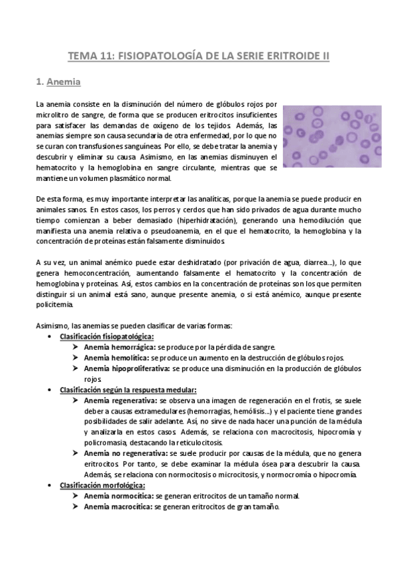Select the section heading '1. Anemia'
(58, 83)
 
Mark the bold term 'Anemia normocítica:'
(118, 496)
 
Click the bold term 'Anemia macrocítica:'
(118, 506)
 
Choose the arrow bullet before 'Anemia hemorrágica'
(76, 347)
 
